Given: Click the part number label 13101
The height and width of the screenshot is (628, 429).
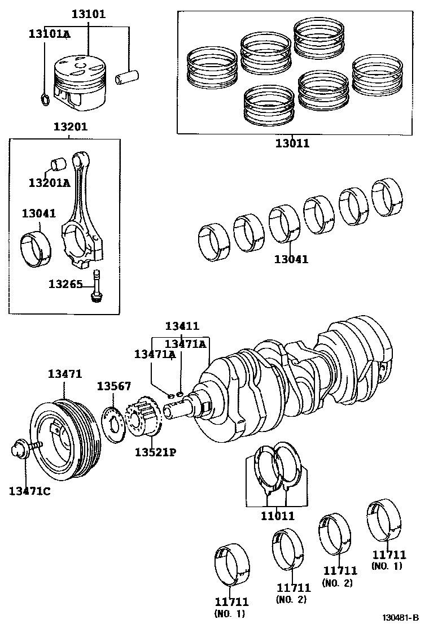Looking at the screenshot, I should pyautogui.click(x=88, y=14).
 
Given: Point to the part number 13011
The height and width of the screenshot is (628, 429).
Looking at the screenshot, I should pyautogui.click(x=292, y=143).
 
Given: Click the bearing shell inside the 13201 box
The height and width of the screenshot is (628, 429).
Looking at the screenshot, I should pyautogui.click(x=36, y=247).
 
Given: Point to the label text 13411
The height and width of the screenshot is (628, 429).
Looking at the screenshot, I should pyautogui.click(x=182, y=326).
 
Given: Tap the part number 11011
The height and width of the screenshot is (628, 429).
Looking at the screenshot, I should pyautogui.click(x=277, y=516).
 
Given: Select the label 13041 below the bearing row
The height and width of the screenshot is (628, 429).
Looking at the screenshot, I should pyautogui.click(x=291, y=259).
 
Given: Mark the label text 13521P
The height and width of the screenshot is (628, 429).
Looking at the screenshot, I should pyautogui.click(x=155, y=452).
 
